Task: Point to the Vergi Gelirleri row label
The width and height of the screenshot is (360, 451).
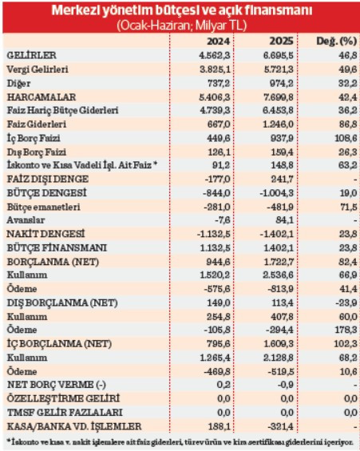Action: [37, 69]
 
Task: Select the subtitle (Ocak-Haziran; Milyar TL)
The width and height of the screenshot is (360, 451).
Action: [180, 26]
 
